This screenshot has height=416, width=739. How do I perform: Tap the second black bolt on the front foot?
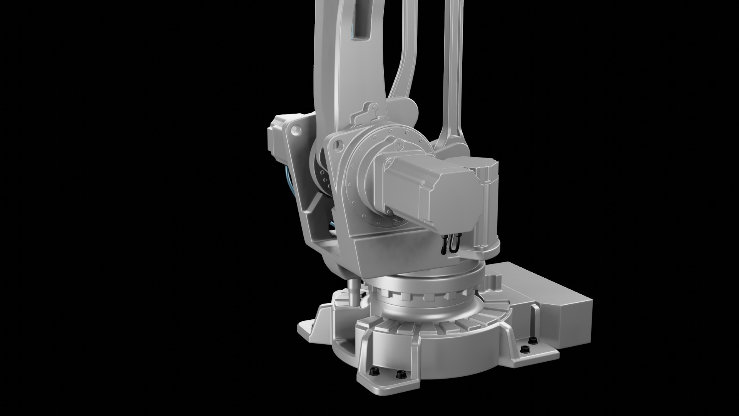point(401,375)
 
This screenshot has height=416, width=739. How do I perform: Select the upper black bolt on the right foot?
point(533,340)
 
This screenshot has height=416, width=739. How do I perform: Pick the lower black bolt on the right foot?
point(523,349)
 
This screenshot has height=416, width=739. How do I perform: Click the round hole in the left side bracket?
point(295,130)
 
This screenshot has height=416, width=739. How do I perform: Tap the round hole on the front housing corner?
point(338,144)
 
